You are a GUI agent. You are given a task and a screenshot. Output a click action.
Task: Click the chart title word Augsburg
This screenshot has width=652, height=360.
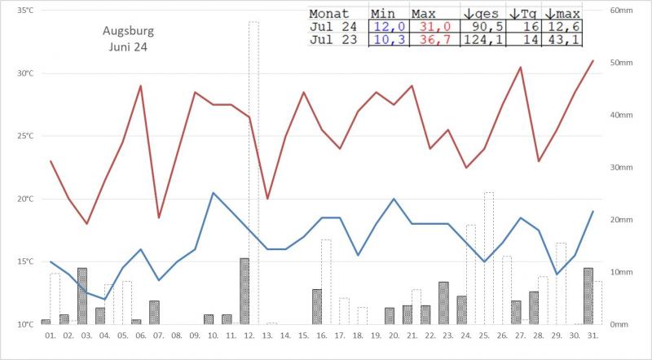click(128, 32)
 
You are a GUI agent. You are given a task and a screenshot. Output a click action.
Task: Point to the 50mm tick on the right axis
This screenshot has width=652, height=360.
click(623, 63)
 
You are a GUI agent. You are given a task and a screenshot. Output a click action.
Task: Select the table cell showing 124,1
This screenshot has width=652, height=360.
click(481, 40)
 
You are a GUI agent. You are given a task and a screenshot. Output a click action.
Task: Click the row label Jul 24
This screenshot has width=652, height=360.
click(333, 27)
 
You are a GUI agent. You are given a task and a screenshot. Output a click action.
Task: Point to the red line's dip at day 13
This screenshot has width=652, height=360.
click(267, 198)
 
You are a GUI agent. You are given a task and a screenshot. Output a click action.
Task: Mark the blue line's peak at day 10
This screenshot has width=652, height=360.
click(213, 193)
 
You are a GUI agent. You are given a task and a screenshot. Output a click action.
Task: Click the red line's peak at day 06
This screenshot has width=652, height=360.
click(140, 86)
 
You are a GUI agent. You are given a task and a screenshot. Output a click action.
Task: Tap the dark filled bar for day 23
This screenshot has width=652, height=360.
click(443, 303)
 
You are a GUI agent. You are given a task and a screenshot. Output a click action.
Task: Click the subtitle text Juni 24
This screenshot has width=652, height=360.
click(128, 47)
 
